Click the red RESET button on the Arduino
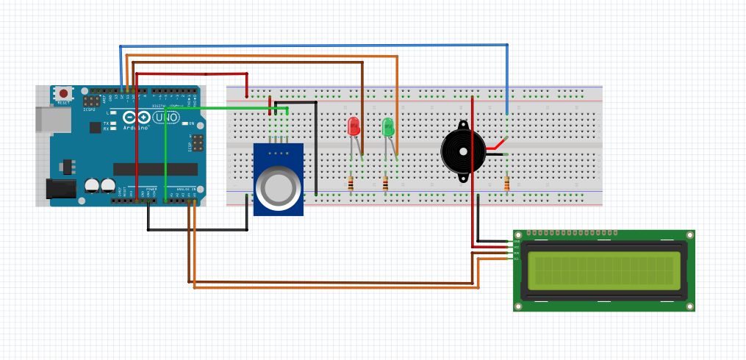[64, 93]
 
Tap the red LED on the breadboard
[354, 126]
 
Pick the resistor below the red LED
[351, 183]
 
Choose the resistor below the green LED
[384, 183]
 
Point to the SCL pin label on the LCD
[516, 259]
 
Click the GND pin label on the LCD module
[516, 241]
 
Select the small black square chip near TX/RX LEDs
[95, 127]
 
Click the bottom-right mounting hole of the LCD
[689, 305]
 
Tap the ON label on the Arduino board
[192, 123]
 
